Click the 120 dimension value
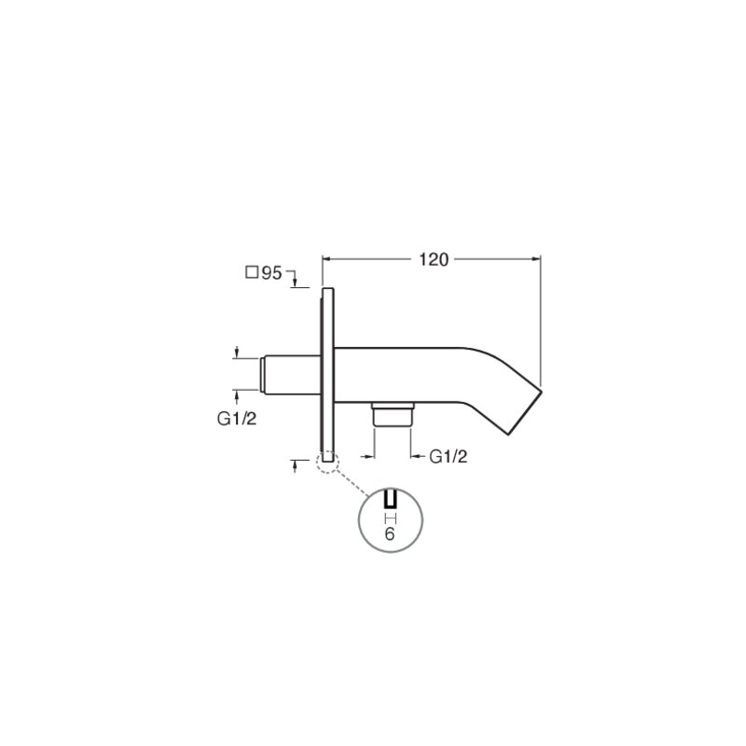click(434, 260)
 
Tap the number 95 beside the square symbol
click(271, 273)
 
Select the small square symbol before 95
click(252, 272)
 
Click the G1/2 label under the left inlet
click(237, 419)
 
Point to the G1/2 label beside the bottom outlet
click(449, 457)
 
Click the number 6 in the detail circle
click(390, 533)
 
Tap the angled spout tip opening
click(525, 412)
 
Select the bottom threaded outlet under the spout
click(393, 414)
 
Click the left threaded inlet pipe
click(290, 375)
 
